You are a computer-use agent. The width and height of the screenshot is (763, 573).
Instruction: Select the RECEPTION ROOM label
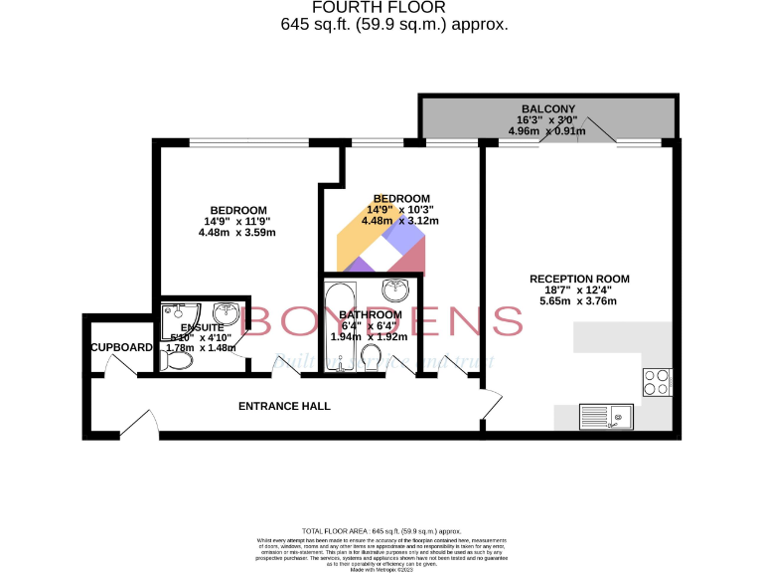coord(579,279)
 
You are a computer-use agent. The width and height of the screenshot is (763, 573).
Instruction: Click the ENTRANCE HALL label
coord(284,406)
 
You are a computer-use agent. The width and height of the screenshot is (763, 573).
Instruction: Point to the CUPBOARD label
coord(121,347)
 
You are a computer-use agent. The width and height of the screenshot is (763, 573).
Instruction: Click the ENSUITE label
coord(202,327)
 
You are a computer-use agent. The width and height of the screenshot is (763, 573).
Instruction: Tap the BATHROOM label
coord(371,314)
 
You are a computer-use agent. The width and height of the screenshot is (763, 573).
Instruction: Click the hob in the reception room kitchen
coord(656,379)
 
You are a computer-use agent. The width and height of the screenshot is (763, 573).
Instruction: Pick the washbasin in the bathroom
coord(396,289)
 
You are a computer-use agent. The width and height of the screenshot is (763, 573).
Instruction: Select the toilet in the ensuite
coord(177,362)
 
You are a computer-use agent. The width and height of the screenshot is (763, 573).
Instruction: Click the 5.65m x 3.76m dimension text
coord(578,301)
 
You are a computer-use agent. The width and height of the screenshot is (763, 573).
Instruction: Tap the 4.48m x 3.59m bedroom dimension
coord(236,233)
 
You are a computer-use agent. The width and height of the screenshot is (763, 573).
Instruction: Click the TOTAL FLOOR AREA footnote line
coord(381,532)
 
